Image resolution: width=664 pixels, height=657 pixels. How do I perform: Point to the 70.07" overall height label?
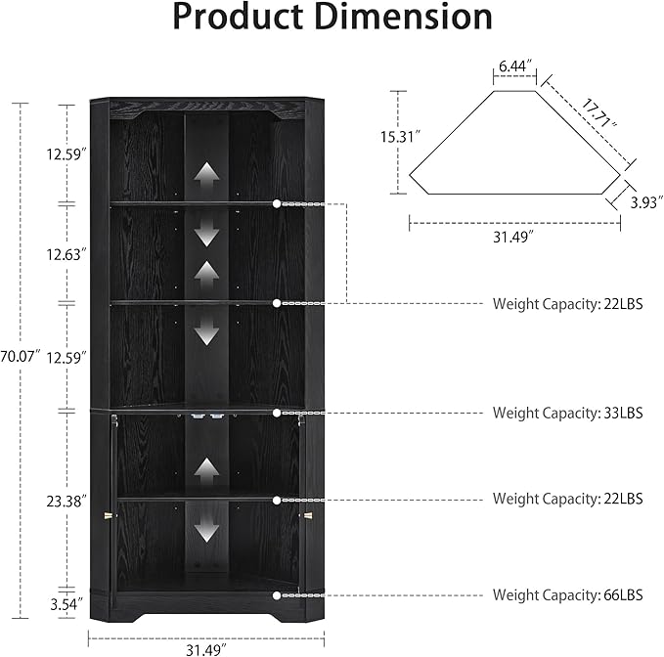pyautogui.click(x=21, y=356)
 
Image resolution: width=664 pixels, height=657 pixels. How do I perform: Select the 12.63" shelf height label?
pyautogui.click(x=66, y=254)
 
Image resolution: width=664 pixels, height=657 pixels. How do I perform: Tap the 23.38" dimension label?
pyautogui.click(x=66, y=502)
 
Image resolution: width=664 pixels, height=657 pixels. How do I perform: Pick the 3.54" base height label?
pyautogui.click(x=66, y=604)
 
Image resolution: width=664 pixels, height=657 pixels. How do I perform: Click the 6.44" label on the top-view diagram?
pyautogui.click(x=515, y=66)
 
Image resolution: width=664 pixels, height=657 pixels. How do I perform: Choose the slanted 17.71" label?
pyautogui.click(x=598, y=113)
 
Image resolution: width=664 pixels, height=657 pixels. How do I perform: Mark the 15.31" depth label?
pyautogui.click(x=400, y=137)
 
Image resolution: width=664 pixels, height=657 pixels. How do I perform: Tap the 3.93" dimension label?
pyautogui.click(x=646, y=202)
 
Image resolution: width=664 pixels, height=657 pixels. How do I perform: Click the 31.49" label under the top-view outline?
pyautogui.click(x=513, y=237)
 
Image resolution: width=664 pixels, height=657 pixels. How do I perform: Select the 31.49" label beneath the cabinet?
pyautogui.click(x=206, y=650)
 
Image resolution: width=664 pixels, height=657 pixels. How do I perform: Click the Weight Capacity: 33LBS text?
pyautogui.click(x=568, y=413)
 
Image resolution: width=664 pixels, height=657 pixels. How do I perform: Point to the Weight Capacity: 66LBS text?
pyautogui.click(x=568, y=594)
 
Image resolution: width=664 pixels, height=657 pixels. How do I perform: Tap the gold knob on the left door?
pyautogui.click(x=110, y=515)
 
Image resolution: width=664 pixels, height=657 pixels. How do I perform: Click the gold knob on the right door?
pyautogui.click(x=307, y=515)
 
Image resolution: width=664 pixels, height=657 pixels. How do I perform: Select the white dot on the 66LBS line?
pyautogui.click(x=277, y=595)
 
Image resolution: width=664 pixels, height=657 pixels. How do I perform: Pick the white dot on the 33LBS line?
pyautogui.click(x=277, y=413)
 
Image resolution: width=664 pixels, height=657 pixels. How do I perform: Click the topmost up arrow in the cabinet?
pyautogui.click(x=206, y=174)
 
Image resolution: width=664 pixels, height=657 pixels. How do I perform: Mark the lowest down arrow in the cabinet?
pyautogui.click(x=206, y=529)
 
